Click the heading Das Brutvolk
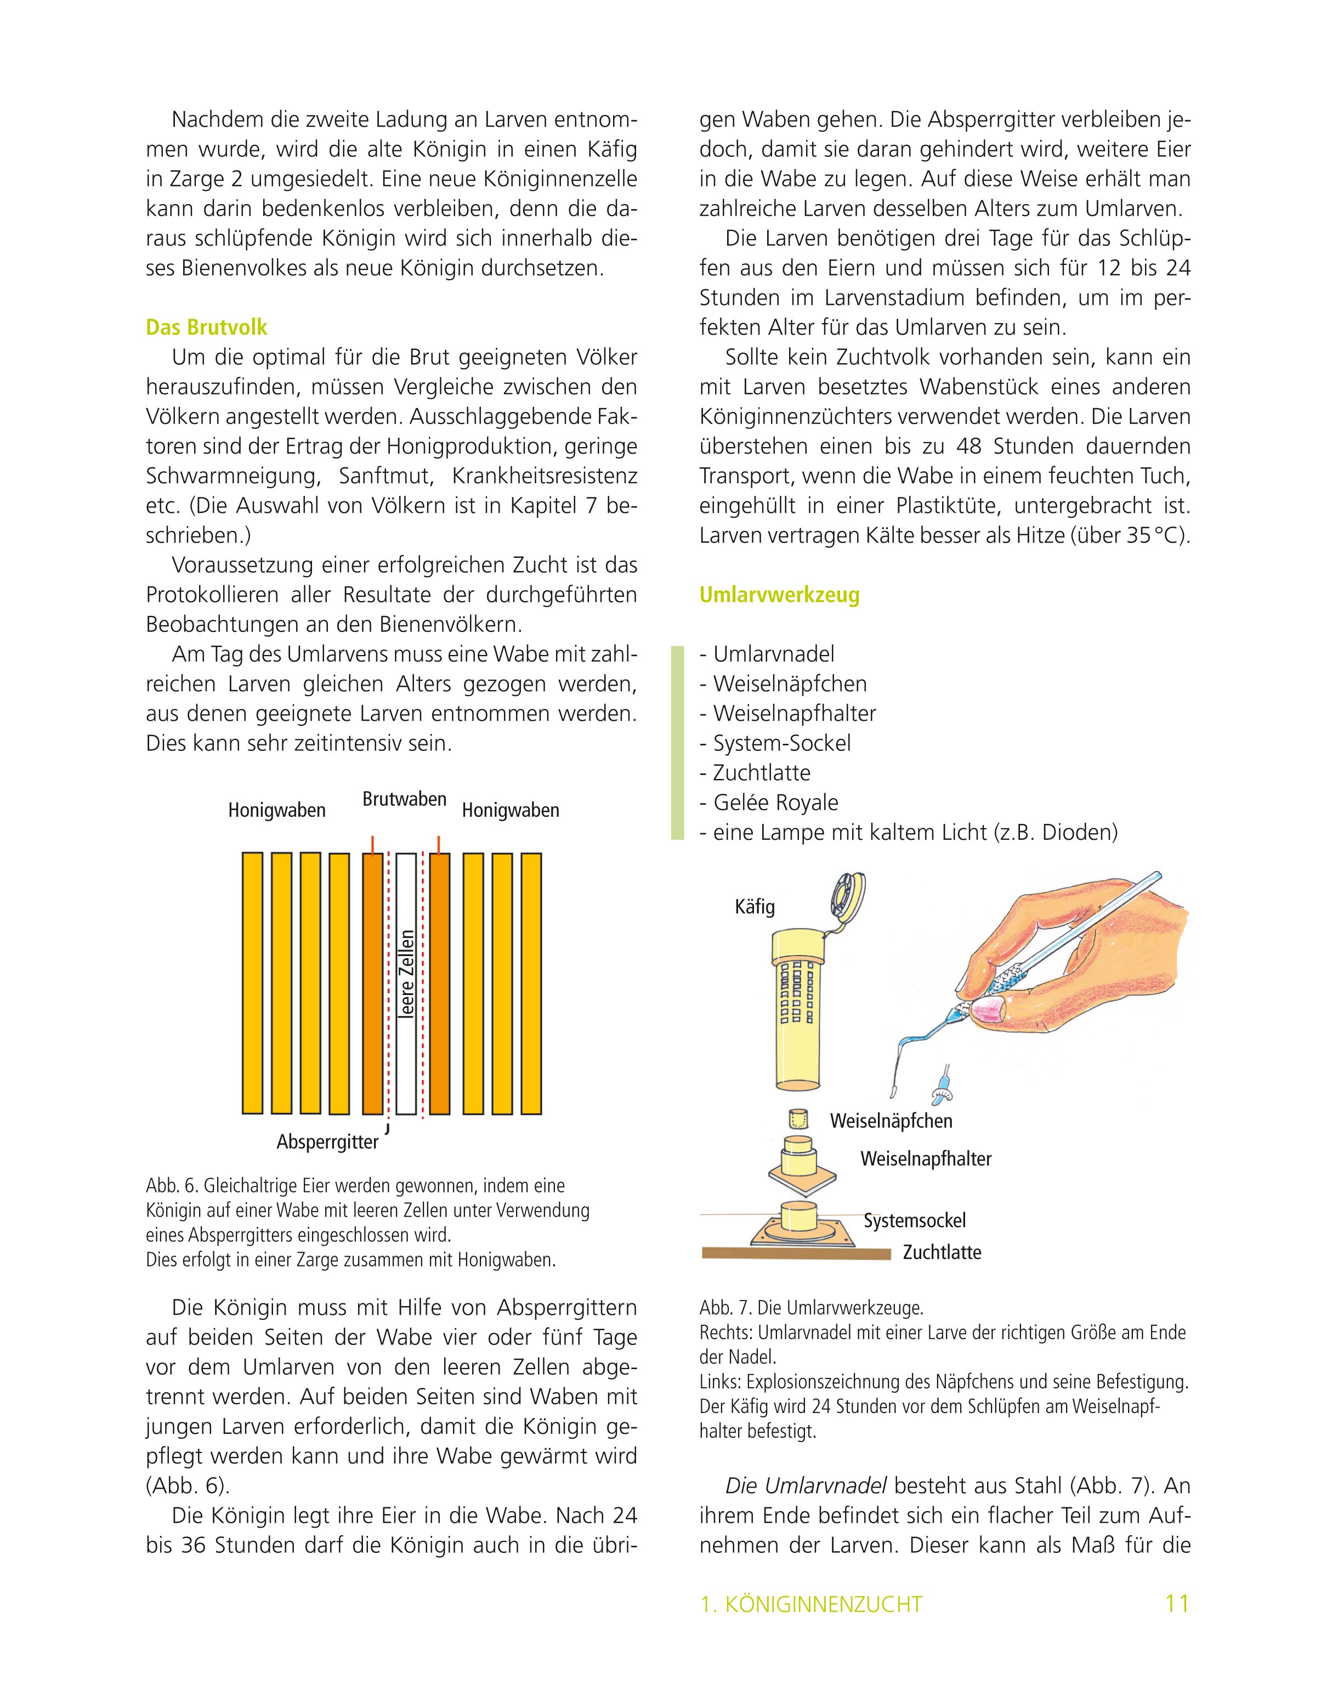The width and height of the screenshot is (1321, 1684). click(207, 327)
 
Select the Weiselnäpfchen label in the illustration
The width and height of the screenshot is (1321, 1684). click(891, 1121)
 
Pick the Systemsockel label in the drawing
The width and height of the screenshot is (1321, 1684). click(914, 1220)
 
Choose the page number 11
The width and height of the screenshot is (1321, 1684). click(1176, 1603)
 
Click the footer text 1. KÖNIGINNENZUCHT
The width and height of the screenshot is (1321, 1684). click(810, 1605)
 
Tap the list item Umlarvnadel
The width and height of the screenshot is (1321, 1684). click(773, 654)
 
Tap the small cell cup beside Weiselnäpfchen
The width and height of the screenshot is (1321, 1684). click(797, 1120)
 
